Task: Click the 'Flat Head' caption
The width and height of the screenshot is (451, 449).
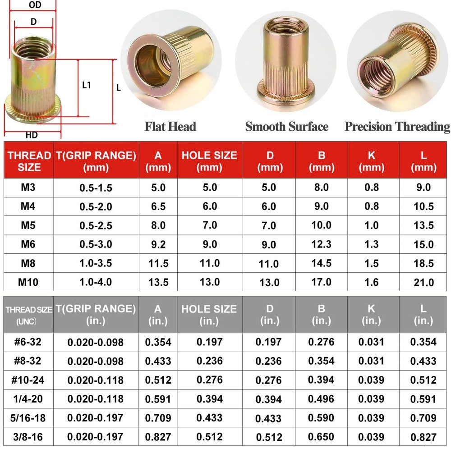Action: pyautogui.click(x=170, y=126)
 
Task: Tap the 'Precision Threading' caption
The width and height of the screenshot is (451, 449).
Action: pyautogui.click(x=397, y=126)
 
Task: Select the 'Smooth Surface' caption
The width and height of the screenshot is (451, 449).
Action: pyautogui.click(x=286, y=126)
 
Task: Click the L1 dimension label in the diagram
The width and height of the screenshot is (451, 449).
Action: pyautogui.click(x=87, y=85)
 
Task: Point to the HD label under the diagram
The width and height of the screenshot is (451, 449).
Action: pyautogui.click(x=32, y=135)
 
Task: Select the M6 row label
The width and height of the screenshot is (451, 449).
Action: pyautogui.click(x=28, y=244)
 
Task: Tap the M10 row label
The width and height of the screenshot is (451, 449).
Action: pyautogui.click(x=28, y=282)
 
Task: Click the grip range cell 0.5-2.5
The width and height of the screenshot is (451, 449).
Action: pyautogui.click(x=96, y=225)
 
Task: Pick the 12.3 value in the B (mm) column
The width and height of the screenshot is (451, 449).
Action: pyautogui.click(x=321, y=244)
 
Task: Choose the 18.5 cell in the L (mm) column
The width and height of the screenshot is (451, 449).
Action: pyautogui.click(x=423, y=263)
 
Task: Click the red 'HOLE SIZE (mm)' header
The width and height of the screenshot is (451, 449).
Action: pyautogui.click(x=209, y=161)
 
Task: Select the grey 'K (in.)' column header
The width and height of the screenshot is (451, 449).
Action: pyautogui.click(x=371, y=314)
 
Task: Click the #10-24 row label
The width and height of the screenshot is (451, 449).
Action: pyautogui.click(x=28, y=380)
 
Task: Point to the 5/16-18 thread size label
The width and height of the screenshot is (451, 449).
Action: pyautogui.click(x=28, y=418)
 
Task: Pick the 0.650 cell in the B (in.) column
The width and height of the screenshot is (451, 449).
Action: pyautogui.click(x=321, y=436)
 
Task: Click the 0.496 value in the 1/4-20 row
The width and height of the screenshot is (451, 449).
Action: pyautogui.click(x=321, y=399)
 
